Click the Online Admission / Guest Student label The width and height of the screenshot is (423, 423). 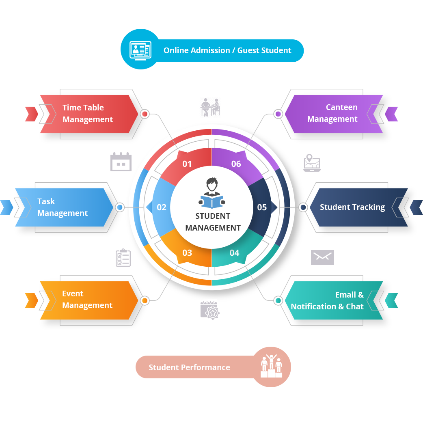(227, 51)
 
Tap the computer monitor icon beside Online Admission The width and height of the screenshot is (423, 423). (140, 50)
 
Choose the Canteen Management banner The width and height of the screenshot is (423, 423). (332, 113)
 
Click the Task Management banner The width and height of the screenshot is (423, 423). (63, 207)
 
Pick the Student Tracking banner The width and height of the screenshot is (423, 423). (352, 207)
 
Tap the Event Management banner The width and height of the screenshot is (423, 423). (87, 300)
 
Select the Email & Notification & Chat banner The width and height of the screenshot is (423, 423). (327, 300)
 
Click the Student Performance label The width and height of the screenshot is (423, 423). (189, 367)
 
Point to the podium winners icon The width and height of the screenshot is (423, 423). (271, 367)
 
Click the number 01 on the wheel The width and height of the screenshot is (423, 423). (187, 164)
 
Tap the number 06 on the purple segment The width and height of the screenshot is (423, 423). (236, 164)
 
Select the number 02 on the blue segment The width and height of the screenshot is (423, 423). (162, 207)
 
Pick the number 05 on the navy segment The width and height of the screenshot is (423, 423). (262, 207)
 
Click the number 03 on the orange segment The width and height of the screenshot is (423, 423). (187, 253)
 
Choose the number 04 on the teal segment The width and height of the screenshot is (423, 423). (234, 253)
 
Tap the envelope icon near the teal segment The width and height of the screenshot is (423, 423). (322, 257)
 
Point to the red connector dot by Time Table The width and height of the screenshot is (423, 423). (145, 114)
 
